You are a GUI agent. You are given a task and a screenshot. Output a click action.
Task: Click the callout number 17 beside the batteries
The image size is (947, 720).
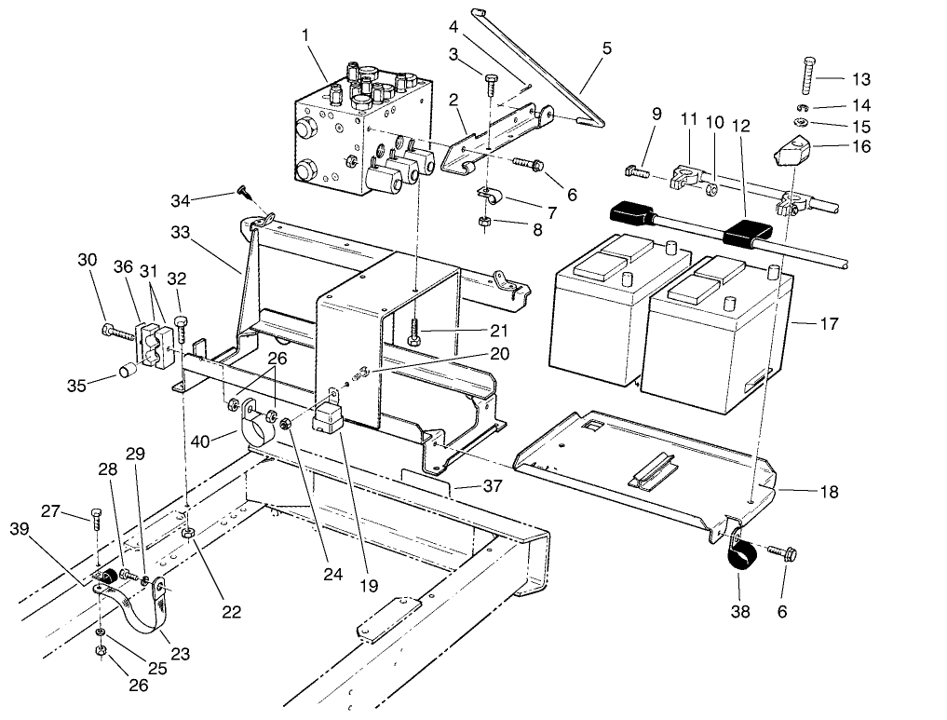coord(829,324)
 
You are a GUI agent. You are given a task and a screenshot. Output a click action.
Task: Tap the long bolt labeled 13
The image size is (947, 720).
coord(806,75)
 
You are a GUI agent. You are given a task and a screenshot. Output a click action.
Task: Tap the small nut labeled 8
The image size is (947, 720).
coord(484,221)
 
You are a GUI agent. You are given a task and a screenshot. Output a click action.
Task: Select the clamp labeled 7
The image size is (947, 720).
coord(488,198)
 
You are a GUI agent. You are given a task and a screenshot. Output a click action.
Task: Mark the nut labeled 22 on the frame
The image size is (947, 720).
coord(187,533)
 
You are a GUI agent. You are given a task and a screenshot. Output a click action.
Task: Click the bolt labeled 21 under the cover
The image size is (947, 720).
coord(413,332)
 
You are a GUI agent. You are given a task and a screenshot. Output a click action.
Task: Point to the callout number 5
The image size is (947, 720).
coord(606,48)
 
